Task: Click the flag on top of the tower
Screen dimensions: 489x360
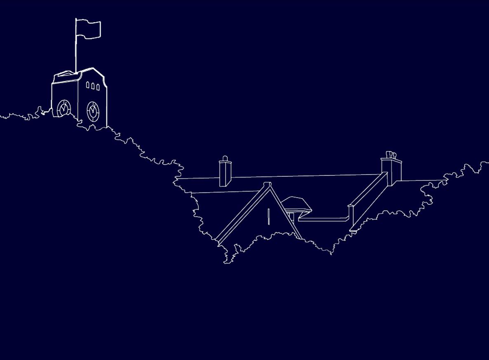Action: point(89,29)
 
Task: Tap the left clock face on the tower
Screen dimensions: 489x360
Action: point(64,108)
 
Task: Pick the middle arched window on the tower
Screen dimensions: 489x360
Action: point(93,86)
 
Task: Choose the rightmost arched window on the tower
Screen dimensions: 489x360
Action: point(98,87)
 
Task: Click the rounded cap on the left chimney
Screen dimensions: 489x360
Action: point(225,158)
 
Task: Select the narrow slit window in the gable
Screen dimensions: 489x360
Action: point(268,217)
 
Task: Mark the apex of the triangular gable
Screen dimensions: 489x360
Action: point(268,184)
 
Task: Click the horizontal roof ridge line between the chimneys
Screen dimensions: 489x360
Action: point(305,176)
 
